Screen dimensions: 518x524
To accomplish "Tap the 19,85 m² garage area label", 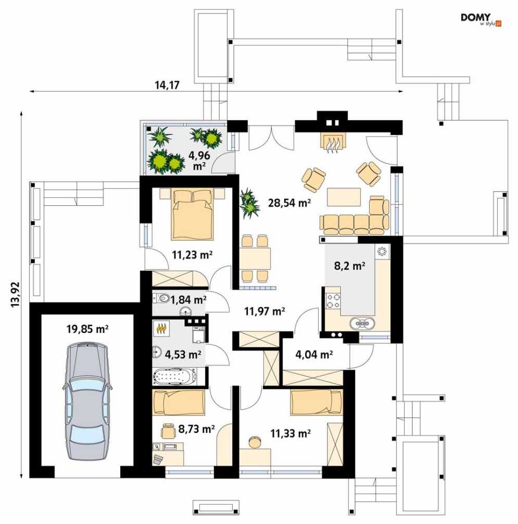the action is point(87,329).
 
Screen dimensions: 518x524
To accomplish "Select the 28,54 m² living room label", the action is point(289,203).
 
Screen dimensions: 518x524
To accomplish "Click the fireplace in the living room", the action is point(333,142).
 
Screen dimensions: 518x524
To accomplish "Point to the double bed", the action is point(192,214).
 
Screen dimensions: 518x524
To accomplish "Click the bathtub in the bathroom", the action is point(174,376).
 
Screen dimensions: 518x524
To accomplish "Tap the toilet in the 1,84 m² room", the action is point(162,297).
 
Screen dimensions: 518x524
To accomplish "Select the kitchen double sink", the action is point(362,323).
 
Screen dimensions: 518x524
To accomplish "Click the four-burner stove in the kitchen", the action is point(333,301).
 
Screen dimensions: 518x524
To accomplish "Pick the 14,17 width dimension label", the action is point(167,85).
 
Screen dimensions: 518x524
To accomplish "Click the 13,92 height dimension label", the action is point(16,294).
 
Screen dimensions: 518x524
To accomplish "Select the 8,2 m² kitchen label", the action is point(350,266).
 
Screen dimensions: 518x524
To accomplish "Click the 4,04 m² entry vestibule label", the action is point(314,354).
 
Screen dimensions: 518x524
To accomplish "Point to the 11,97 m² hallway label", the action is point(264,311).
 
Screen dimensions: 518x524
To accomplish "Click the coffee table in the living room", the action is point(344,197).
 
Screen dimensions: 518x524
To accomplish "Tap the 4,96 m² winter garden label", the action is point(199,160).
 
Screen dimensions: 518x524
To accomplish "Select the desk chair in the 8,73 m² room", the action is point(168,430).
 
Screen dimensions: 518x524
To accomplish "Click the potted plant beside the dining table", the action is point(249,203).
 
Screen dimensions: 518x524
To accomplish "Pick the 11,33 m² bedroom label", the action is point(290,433).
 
